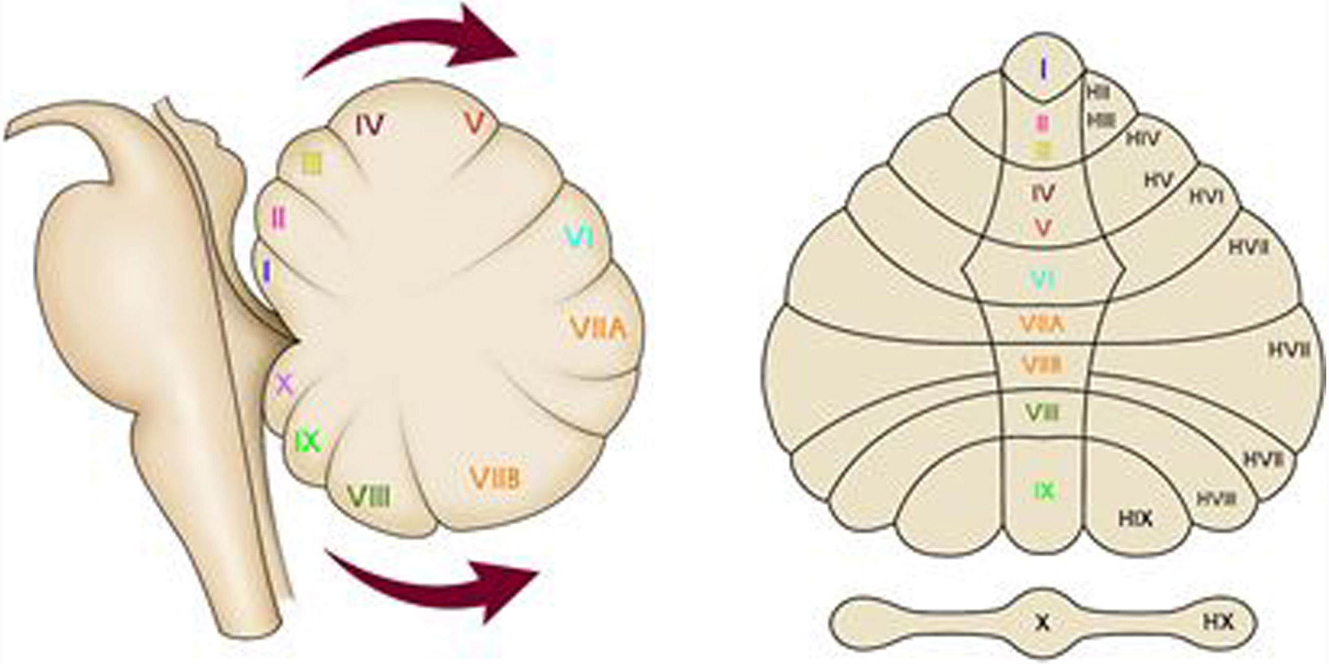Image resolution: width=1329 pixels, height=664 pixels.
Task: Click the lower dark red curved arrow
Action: tap(436, 590)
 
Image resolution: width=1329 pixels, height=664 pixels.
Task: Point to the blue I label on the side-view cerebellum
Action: tap(267, 272)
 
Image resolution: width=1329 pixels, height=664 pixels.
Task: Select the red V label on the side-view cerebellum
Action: tap(474, 124)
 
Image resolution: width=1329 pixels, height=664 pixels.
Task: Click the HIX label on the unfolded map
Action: tap(1135, 518)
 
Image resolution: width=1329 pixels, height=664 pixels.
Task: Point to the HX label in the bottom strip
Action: tap(1218, 623)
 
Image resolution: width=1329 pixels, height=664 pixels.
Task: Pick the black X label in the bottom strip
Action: tap(1043, 624)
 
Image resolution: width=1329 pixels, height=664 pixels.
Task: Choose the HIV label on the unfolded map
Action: tap(1143, 139)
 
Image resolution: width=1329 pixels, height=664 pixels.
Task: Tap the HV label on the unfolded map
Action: tap(1159, 181)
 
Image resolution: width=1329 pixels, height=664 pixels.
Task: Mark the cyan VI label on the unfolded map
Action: tap(1042, 280)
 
